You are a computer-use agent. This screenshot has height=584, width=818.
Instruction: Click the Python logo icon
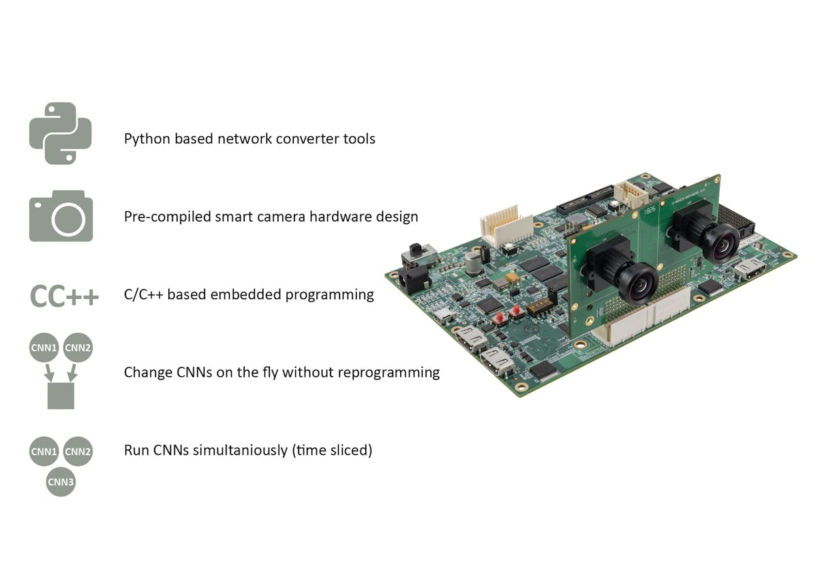60,134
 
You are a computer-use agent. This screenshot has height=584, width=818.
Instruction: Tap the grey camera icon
61,216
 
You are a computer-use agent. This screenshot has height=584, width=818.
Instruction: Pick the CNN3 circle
61,482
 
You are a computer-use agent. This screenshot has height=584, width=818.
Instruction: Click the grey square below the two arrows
61,395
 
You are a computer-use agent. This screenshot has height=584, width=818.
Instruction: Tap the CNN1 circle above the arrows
44,348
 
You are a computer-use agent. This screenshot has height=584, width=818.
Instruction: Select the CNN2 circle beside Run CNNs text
78,451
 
